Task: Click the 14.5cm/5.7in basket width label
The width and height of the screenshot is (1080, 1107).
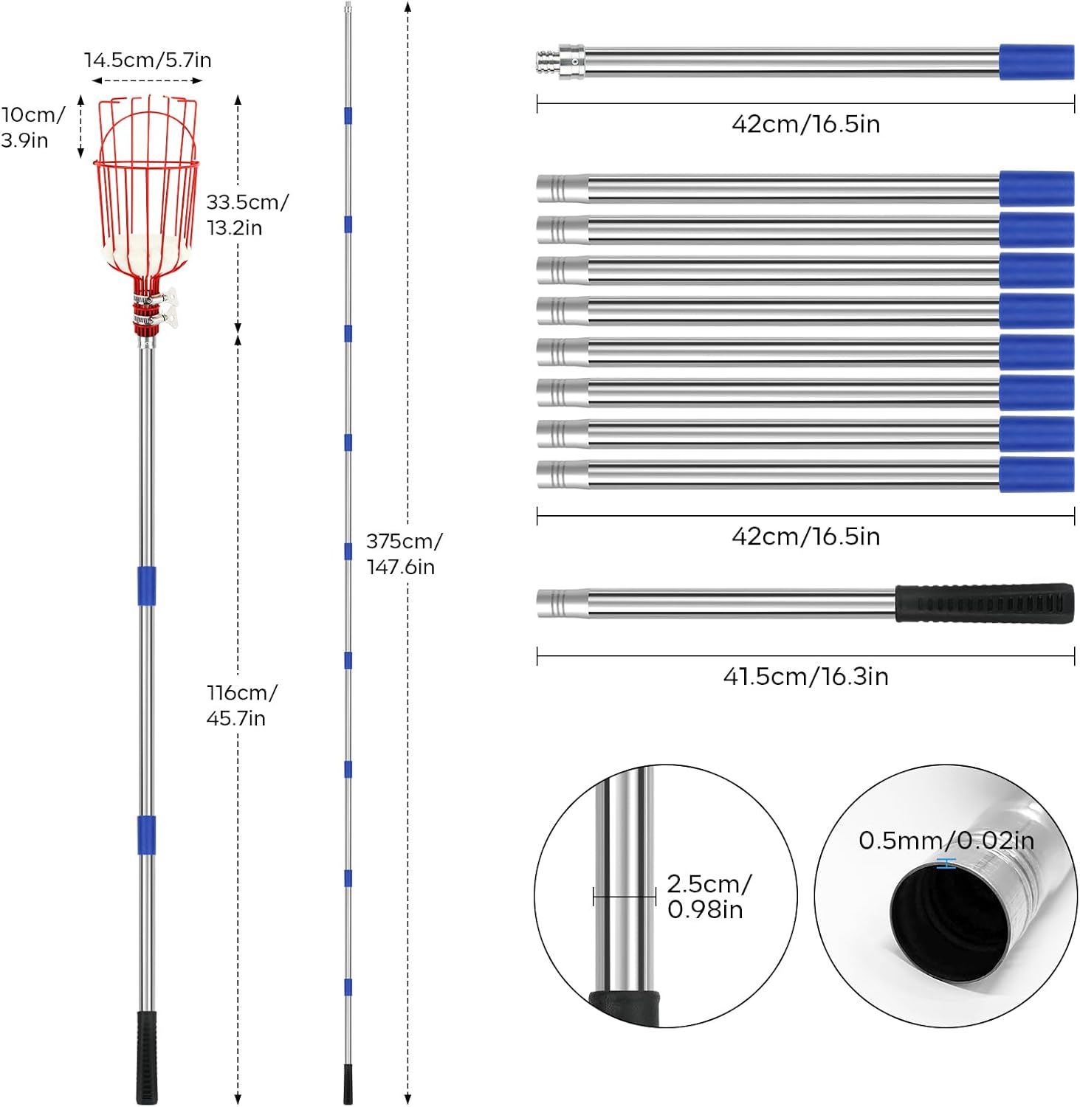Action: (148, 60)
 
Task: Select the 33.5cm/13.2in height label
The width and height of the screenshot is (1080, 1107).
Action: (247, 214)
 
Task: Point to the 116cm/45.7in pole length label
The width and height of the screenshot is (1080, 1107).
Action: (241, 705)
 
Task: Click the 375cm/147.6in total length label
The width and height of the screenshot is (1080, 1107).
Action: (403, 553)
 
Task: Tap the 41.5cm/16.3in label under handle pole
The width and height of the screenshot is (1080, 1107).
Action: (805, 676)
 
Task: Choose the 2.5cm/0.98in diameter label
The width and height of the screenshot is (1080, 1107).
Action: (708, 896)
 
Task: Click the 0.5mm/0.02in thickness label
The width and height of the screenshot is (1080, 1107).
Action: (946, 840)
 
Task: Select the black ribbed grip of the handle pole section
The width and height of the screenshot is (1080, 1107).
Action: (984, 603)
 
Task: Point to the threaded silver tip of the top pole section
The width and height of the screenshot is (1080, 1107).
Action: (548, 62)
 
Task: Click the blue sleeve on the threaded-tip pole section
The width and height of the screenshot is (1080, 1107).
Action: (1036, 62)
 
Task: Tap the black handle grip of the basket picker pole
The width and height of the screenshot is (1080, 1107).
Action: (147, 1057)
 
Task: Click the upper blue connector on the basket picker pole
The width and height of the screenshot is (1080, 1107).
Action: (147, 585)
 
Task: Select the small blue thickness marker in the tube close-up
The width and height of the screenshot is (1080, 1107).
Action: (946, 863)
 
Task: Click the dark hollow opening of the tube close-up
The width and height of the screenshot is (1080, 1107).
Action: (949, 922)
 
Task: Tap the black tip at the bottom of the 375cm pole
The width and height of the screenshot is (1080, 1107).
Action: (348, 1083)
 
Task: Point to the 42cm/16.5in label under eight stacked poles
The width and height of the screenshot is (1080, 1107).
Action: (805, 536)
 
